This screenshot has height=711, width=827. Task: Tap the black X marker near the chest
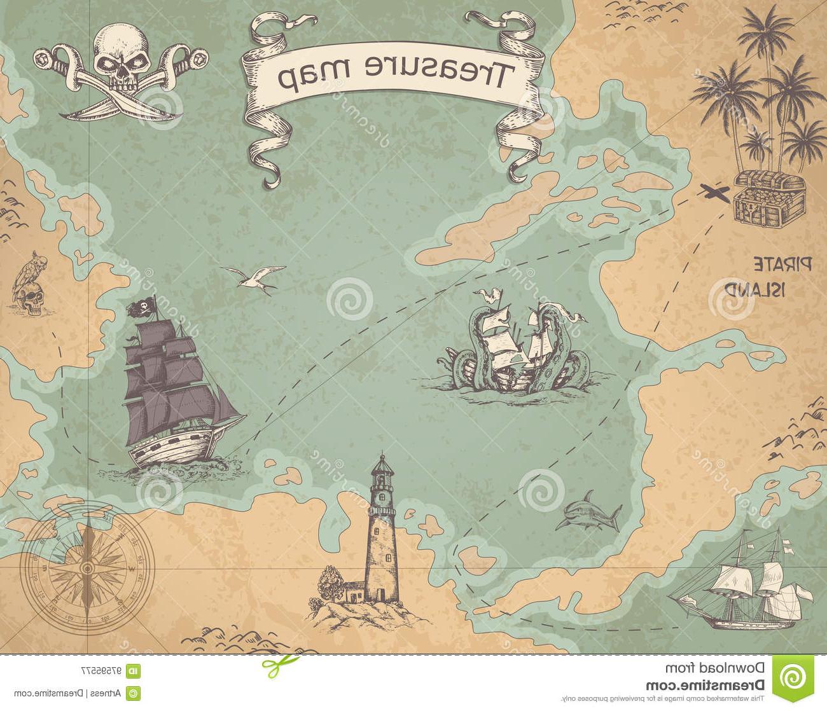tap(714, 191)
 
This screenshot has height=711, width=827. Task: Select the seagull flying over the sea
tap(254, 277)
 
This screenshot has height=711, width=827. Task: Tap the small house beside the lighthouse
tap(351, 591)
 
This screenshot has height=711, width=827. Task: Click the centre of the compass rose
tap(88, 562)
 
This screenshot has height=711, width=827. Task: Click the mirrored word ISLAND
tap(764, 289)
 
